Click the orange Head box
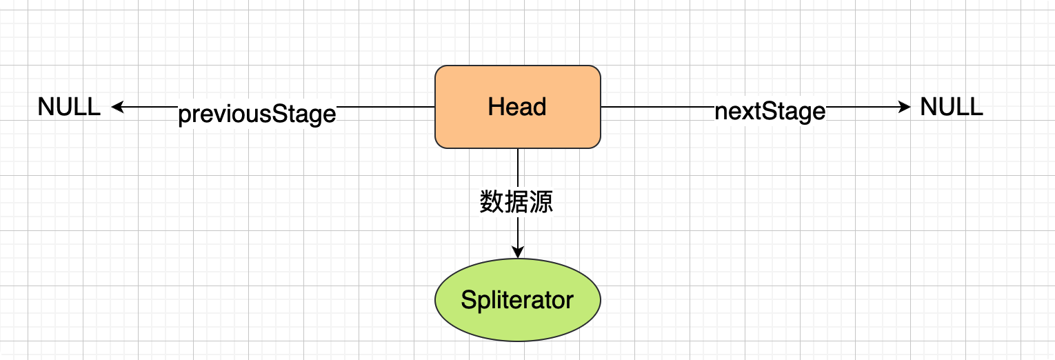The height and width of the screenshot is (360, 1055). [517, 107]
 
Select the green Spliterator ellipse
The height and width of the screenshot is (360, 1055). [517, 301]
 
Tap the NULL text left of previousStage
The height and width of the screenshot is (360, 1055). [69, 107]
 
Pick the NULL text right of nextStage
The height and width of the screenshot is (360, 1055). [952, 107]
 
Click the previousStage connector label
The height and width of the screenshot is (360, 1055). [257, 114]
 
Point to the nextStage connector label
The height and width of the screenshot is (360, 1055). [770, 111]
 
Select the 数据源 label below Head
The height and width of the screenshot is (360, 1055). [516, 201]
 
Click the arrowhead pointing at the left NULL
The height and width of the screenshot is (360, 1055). [117, 107]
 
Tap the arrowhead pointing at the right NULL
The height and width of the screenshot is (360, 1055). [905, 107]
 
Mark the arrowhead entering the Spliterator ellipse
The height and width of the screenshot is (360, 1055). [517, 253]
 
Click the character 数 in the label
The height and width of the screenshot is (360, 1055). [492, 201]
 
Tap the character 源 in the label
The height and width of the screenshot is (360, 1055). [541, 201]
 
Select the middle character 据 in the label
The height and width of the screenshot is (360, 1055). [516, 201]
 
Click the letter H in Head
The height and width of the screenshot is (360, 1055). [494, 107]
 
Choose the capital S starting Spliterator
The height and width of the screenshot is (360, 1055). [468, 300]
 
